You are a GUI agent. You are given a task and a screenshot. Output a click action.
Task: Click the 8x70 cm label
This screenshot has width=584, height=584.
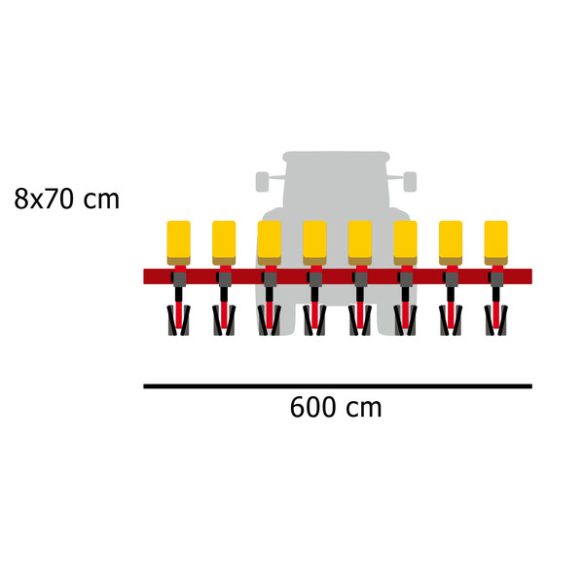tap(66, 199)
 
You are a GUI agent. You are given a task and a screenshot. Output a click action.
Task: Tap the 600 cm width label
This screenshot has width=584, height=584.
tap(336, 407)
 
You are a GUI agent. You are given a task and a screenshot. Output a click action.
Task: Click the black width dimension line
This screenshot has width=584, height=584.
tap(338, 386)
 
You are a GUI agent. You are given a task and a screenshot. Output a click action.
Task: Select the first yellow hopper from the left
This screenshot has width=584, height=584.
tap(179, 242)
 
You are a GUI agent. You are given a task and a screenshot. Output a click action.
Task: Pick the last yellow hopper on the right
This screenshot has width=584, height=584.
tap(496, 242)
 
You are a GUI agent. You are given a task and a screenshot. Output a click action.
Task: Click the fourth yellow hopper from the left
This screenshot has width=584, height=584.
tap(314, 242)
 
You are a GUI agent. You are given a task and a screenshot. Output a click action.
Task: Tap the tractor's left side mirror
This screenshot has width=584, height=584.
tap(262, 182)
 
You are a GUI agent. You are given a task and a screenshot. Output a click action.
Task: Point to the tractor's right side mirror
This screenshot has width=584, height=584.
tap(410, 182)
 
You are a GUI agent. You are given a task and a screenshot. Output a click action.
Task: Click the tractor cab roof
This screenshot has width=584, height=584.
tap(336, 157)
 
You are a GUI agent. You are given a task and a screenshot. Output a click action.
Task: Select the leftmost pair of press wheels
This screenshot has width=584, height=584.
tap(179, 320)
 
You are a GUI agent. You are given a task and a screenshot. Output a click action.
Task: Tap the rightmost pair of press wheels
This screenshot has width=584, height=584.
tap(496, 320)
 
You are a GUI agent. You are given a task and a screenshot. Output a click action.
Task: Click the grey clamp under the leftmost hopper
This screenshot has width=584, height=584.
tap(179, 279)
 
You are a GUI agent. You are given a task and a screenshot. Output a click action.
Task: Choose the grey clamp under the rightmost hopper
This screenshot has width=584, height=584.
tap(496, 279)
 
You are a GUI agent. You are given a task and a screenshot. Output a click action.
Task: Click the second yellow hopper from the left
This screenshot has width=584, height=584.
tap(224, 242)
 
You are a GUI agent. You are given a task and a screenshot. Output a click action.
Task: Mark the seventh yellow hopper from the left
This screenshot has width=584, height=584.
tap(451, 242)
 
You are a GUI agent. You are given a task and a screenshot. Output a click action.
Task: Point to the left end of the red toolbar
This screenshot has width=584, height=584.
tap(144, 276)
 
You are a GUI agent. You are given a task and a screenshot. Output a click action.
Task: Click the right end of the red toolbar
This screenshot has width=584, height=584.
tap(531, 276)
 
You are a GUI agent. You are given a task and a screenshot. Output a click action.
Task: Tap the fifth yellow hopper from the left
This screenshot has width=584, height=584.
tap(360, 242)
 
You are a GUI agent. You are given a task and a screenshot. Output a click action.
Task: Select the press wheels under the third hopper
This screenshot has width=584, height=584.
tap(270, 320)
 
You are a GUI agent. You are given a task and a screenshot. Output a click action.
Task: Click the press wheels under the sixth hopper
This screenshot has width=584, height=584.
tap(405, 320)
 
